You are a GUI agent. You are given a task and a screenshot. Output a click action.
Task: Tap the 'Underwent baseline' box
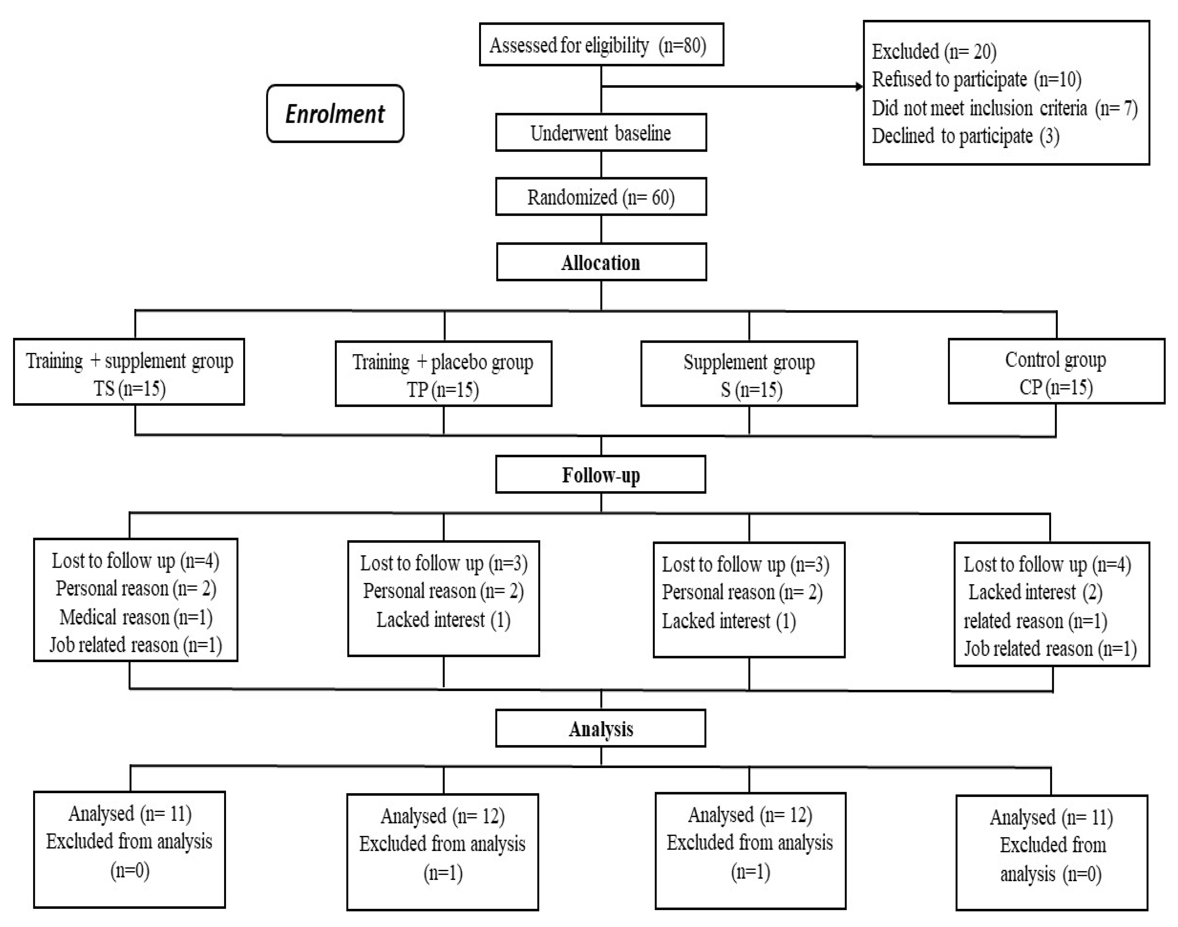(x=601, y=133)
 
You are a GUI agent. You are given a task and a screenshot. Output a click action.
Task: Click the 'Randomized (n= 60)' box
(x=601, y=197)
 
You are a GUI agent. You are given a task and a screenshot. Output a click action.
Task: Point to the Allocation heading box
(x=601, y=263)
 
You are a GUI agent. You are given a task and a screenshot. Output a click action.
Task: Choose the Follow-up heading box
(x=601, y=475)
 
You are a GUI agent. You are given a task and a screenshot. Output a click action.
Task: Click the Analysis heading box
(x=601, y=729)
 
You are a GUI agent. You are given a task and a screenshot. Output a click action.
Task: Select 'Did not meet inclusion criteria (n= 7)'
(x=1005, y=108)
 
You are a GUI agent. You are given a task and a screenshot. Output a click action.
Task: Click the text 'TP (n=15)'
(x=443, y=390)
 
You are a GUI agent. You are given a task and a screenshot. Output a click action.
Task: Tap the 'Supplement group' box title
(x=749, y=362)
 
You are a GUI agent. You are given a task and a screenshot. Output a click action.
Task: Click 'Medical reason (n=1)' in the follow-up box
(x=136, y=617)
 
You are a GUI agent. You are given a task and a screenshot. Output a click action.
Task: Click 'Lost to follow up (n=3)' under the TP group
(x=444, y=563)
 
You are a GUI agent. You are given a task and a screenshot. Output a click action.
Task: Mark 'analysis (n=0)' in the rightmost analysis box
(x=1051, y=874)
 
